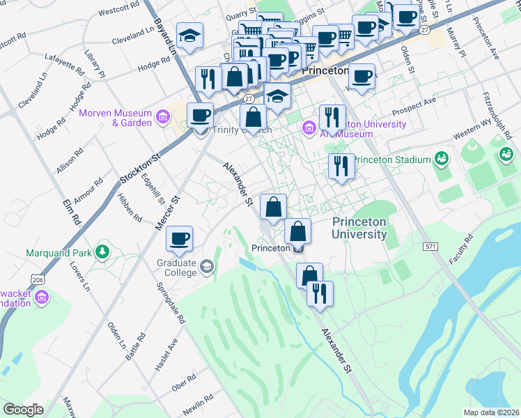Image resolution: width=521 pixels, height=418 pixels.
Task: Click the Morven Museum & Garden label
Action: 115,118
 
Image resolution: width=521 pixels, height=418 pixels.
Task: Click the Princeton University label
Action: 359,228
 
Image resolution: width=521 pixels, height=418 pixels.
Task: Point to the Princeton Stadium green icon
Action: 440,160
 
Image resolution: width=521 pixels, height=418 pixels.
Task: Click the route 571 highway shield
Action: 430,247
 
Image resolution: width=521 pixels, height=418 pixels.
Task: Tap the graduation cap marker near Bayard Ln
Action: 188,34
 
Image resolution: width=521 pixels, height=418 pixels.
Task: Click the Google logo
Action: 23,410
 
